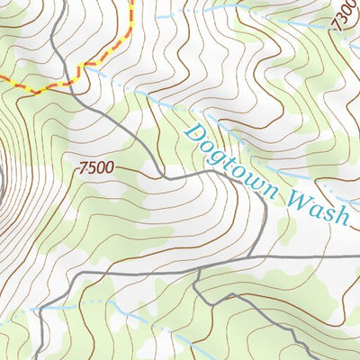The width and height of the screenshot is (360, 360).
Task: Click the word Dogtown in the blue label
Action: [231, 163]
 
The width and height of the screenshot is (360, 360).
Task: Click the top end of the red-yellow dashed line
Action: [131, 2]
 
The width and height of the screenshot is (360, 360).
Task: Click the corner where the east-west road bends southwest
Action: [82, 272]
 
